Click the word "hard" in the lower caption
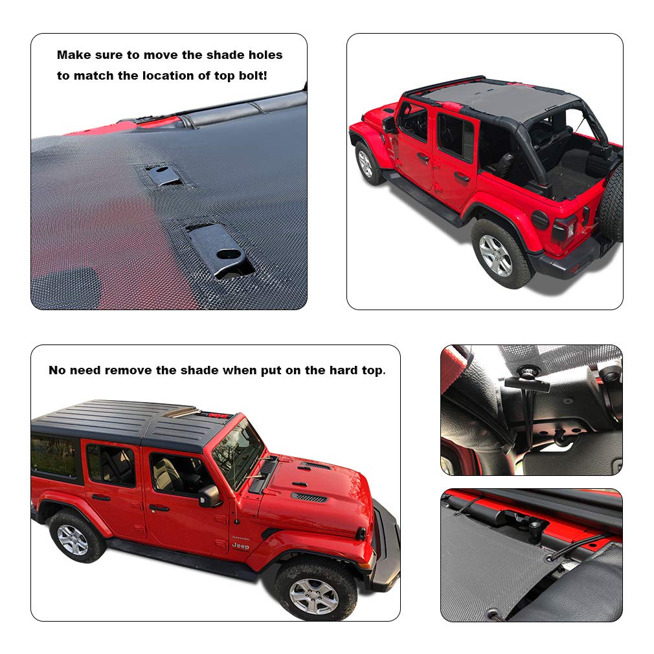(337, 370)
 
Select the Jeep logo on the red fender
(240, 546)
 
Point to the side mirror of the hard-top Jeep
(210, 496)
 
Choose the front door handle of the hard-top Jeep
(159, 508)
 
